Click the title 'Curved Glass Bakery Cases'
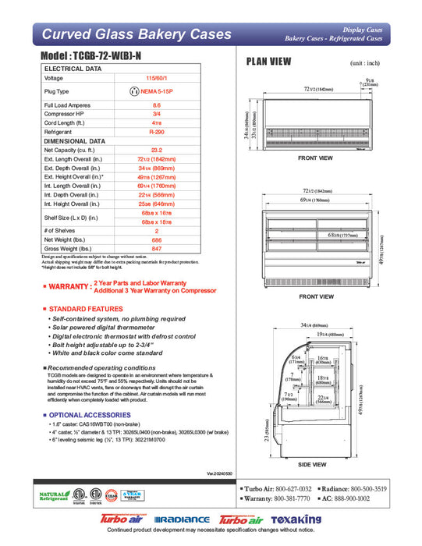click(x=136, y=34)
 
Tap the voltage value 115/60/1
click(x=156, y=78)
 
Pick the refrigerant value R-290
click(x=156, y=133)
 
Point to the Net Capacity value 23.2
click(x=156, y=149)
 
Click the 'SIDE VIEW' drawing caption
click(x=316, y=463)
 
